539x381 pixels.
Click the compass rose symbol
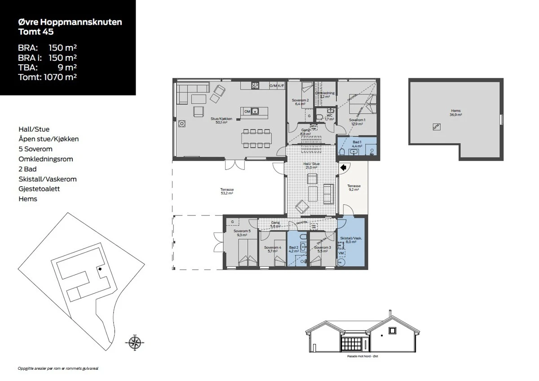[x=134, y=343]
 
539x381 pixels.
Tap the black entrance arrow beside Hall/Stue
[x=343, y=168]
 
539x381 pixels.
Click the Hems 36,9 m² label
[x=456, y=113]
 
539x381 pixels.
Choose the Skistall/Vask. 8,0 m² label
[x=348, y=240]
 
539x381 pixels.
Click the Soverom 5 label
[x=243, y=233]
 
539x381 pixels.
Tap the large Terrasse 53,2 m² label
[x=227, y=192]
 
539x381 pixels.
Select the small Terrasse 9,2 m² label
[x=354, y=188]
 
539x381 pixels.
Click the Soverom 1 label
[x=357, y=121]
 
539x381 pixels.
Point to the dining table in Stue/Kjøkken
[x=256, y=139]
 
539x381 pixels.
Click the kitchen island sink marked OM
[x=255, y=111]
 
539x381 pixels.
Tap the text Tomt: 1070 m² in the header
[x=47, y=77]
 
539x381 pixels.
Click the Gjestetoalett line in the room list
[x=39, y=189]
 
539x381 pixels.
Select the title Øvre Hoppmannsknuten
[x=70, y=22]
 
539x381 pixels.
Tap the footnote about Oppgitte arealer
[x=57, y=368]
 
